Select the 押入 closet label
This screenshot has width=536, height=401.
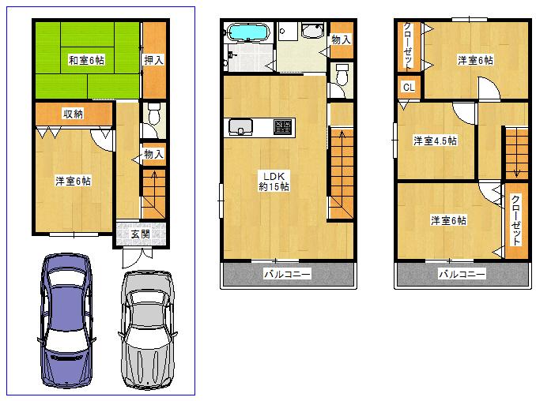pyautogui.click(x=154, y=59)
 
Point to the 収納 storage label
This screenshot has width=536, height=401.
pyautogui.click(x=74, y=114)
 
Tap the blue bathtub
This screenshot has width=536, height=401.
pyautogui.click(x=248, y=34)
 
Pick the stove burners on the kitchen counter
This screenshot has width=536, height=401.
pyautogui.click(x=282, y=126)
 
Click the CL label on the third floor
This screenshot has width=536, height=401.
pyautogui.click(x=408, y=88)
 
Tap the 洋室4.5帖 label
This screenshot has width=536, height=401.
pyautogui.click(x=436, y=141)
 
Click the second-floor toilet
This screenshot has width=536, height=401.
pyautogui.click(x=342, y=76)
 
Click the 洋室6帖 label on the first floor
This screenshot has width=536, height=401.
pyautogui.click(x=73, y=182)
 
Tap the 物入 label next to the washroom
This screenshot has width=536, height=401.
pyautogui.click(x=341, y=39)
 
